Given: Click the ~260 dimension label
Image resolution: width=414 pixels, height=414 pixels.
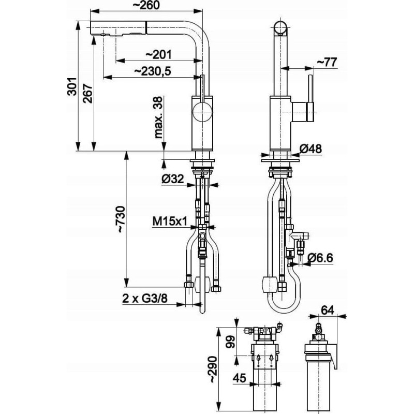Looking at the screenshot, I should tap(147, 6).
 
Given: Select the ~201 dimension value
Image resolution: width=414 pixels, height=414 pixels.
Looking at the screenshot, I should tap(159, 54).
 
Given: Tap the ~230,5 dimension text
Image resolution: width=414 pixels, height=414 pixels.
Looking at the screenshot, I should tap(153, 71).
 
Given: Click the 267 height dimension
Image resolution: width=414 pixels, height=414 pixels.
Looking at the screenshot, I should tap(89, 93).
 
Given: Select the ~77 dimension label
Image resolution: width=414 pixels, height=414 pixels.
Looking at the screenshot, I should tap(327, 62).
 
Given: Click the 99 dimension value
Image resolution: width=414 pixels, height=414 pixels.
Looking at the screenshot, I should tap(231, 343).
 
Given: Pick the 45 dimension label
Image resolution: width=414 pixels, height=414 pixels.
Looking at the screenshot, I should tap(239, 379).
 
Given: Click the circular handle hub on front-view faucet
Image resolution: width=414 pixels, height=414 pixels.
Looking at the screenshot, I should tap(202, 111).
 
